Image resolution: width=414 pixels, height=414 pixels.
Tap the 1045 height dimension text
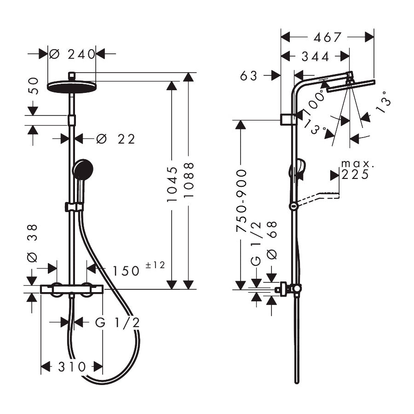pos(172,184)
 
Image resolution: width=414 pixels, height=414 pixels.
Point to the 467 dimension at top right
pos(327,37)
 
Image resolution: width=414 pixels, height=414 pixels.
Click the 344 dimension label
pos(315,56)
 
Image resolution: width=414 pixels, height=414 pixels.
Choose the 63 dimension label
pos(249,76)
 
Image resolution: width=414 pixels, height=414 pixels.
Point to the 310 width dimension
pos(72,367)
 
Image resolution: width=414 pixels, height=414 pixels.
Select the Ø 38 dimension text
pos(32,243)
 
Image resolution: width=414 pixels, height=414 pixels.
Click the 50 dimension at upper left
pos(33,86)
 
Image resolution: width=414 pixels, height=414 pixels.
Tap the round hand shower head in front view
pos(82,169)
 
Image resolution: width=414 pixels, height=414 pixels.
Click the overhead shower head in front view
pos(71,85)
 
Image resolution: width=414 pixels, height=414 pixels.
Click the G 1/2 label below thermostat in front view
pos(117,322)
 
